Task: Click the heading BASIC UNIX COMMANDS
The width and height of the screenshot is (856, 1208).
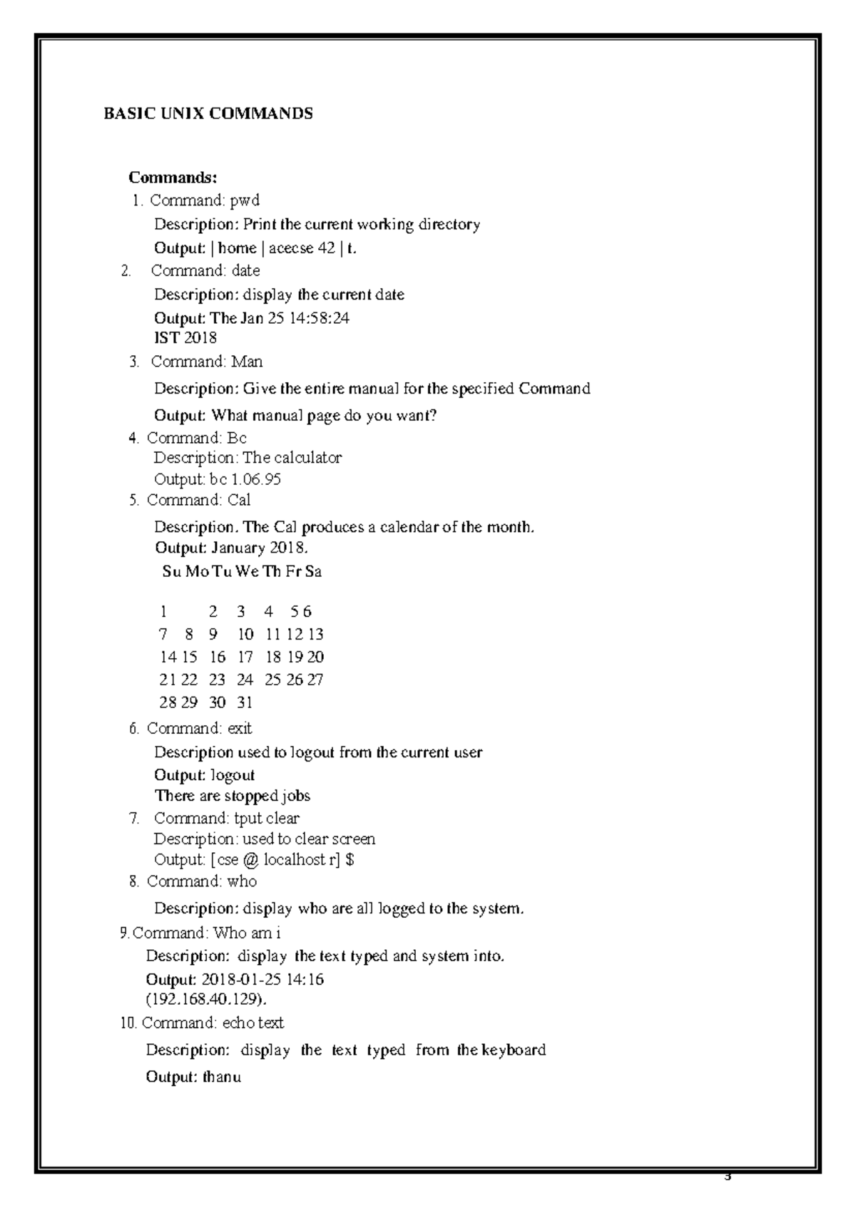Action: click(x=208, y=113)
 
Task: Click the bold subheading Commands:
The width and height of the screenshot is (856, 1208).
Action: click(x=173, y=177)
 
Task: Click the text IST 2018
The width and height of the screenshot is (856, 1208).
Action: click(x=185, y=337)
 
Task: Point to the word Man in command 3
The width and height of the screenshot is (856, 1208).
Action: click(x=247, y=362)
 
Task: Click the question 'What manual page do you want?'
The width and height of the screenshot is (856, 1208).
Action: click(x=324, y=415)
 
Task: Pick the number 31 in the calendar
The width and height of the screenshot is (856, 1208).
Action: click(x=245, y=702)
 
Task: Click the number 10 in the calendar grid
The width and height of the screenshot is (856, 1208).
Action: click(x=245, y=634)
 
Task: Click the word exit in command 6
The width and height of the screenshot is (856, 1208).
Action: click(x=239, y=728)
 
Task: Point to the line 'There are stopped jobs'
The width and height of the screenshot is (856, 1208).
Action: click(x=233, y=795)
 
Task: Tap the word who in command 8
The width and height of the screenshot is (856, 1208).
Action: click(x=242, y=881)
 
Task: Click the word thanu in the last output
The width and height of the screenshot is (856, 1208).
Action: click(x=221, y=1077)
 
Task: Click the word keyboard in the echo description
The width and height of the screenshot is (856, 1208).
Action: click(x=513, y=1050)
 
